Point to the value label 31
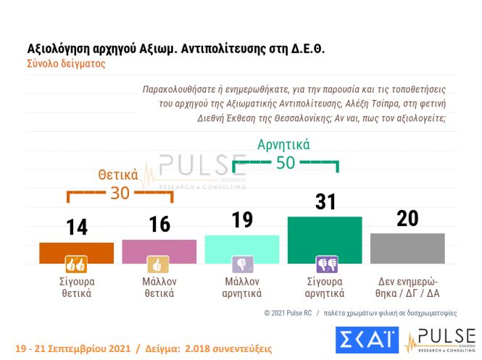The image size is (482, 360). [x=325, y=201]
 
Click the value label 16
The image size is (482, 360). [x=159, y=225]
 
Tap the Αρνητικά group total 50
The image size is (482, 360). [x=286, y=163]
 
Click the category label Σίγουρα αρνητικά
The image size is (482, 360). [x=325, y=288]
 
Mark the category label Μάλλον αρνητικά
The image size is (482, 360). [x=242, y=288]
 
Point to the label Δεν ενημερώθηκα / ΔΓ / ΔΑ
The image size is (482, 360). [x=408, y=288]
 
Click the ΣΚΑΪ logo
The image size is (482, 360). [x=366, y=340]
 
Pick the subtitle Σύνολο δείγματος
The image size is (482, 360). [x=66, y=64]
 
